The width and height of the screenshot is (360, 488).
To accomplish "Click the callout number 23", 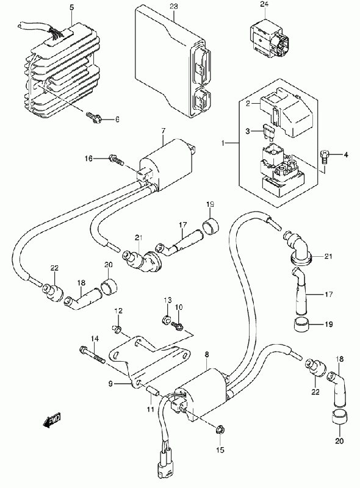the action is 174,6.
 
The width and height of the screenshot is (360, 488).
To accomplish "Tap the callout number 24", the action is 264,4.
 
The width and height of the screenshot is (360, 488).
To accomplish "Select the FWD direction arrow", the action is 52,420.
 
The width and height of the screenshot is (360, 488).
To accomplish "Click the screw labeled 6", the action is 93,117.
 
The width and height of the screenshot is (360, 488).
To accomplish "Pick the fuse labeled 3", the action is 268,131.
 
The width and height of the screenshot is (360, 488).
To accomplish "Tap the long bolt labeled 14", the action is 92,356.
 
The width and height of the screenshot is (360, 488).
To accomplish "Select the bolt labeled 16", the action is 117,160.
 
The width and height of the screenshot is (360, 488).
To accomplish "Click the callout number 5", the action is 72,7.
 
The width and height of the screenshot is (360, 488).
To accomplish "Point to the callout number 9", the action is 110,384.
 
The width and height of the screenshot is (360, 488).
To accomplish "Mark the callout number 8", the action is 207,354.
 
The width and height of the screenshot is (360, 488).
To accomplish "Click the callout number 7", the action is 164,131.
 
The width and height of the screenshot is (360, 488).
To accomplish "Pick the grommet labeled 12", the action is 117,328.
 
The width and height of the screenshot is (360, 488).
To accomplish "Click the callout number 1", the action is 223,143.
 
